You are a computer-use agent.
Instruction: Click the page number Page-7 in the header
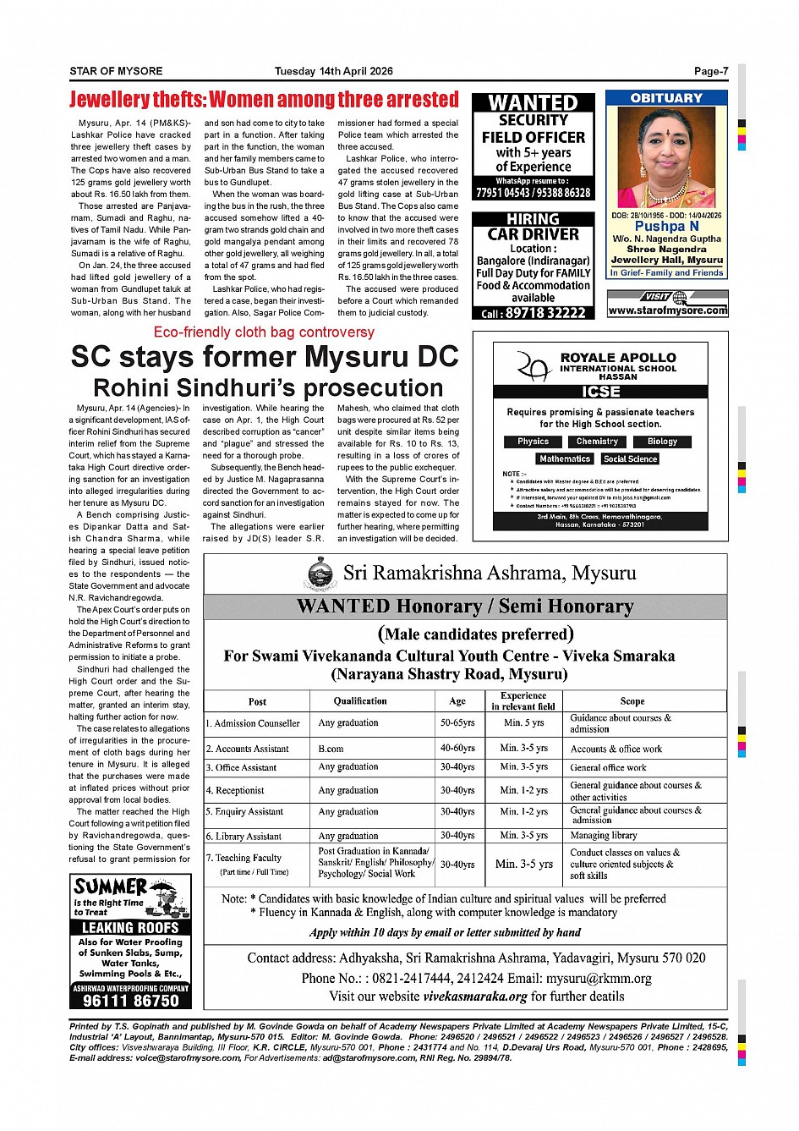click(710, 71)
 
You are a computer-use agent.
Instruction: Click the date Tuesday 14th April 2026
click(333, 71)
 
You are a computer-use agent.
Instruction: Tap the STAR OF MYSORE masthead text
click(116, 71)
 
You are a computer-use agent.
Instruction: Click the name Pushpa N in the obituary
click(667, 226)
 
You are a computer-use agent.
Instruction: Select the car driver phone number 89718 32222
click(545, 313)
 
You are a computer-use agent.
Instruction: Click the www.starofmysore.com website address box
click(667, 310)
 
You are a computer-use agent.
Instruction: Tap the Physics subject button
click(533, 442)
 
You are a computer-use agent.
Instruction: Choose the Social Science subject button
click(630, 458)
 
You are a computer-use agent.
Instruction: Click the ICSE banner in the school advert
click(600, 392)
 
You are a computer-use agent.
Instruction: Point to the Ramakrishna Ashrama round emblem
click(320, 574)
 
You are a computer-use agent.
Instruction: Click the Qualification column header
click(360, 701)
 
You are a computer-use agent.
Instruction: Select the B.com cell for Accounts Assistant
click(331, 749)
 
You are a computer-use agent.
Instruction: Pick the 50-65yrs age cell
click(457, 723)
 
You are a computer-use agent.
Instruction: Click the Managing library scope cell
click(603, 835)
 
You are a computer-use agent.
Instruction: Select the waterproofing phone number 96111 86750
click(131, 1001)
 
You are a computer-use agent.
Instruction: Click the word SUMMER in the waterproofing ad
click(111, 887)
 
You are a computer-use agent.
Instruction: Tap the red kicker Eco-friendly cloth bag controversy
click(264, 332)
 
